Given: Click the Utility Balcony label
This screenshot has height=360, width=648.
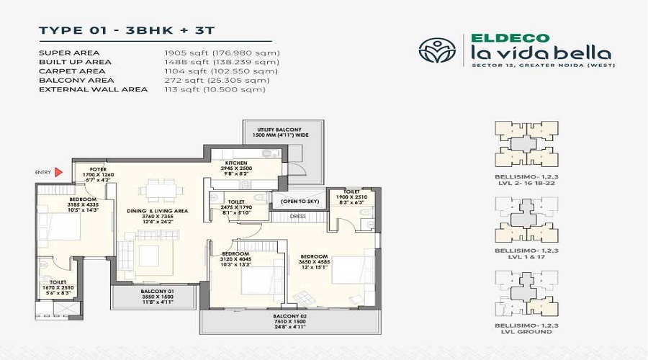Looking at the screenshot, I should click(270, 130).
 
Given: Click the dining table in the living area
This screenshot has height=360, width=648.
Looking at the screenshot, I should click(160, 192).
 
